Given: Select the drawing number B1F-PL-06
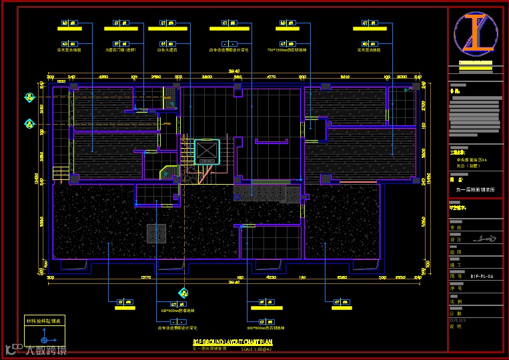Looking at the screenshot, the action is pos(481,276).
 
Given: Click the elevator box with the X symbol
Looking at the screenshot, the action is pos(206,152).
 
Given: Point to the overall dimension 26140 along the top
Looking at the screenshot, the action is pos(233,71).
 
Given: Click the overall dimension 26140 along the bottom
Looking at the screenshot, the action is pos(233,282).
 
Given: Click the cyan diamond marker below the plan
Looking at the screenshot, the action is pos(183,292).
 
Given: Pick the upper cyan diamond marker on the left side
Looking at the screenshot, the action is pos(29,98).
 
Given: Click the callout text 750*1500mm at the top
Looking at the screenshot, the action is pos(286,49).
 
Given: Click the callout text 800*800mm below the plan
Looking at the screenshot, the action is pos(266,328).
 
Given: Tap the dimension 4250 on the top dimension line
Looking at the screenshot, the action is pos(103,77).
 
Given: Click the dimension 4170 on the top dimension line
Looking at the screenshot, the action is pos(271,77).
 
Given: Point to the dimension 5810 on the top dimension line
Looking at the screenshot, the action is pos(345,77).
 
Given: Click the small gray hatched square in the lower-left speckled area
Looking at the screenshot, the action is pos(156,233).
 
